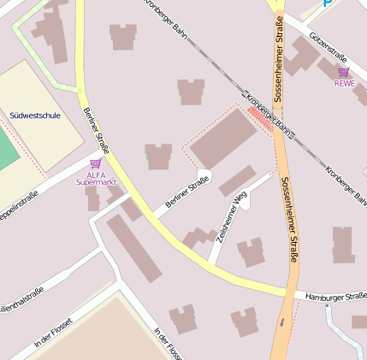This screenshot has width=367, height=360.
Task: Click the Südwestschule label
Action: point(34,115)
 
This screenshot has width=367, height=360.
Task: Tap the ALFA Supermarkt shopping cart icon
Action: point(95,162)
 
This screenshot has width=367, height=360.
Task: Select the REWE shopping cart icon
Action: point(344,72)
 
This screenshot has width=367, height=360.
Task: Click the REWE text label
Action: point(344,83)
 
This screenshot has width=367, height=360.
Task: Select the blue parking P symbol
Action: point(328,4)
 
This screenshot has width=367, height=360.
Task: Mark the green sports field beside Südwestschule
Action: point(7,145)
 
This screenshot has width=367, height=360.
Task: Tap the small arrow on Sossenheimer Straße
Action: point(281,322)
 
